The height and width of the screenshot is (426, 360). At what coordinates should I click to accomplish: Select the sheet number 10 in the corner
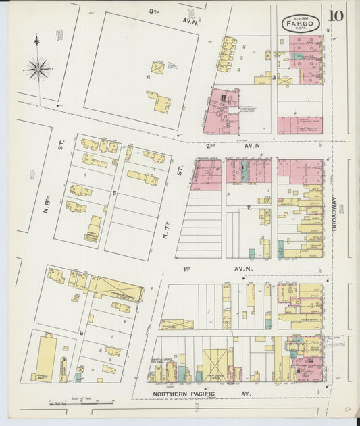[336, 16]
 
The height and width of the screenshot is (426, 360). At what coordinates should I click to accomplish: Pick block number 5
[115, 193]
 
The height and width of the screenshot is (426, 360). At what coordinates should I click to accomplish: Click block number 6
[82, 332]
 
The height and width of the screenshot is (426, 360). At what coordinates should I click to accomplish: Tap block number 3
[274, 78]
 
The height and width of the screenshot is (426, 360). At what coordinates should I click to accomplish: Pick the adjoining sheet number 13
[59, 34]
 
